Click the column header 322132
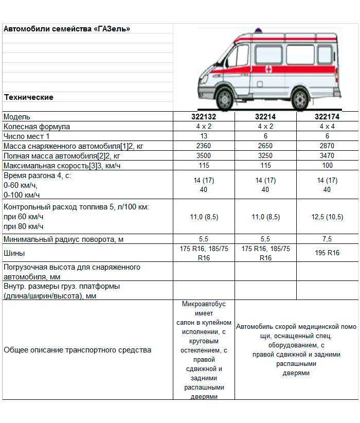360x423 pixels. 204,117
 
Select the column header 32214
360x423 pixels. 265,117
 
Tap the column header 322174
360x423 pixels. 327,117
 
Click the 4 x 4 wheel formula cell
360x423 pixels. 327,127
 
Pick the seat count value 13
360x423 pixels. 204,136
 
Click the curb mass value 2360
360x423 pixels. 204,146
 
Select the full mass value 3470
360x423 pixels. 327,156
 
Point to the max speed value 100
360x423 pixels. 327,166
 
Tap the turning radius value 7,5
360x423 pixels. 327,239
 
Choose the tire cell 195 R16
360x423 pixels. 327,253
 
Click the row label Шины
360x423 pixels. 14,253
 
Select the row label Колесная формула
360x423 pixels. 37,127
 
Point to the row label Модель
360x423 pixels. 17,117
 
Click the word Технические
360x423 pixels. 29,97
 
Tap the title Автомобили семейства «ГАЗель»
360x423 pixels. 67,29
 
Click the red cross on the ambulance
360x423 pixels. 268,69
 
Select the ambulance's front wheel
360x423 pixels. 224,97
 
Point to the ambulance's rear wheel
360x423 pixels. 299,98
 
